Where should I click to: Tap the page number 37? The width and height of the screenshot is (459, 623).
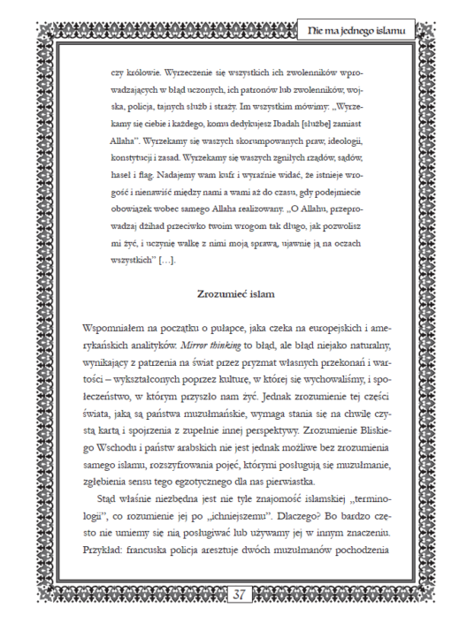click(239, 595)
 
